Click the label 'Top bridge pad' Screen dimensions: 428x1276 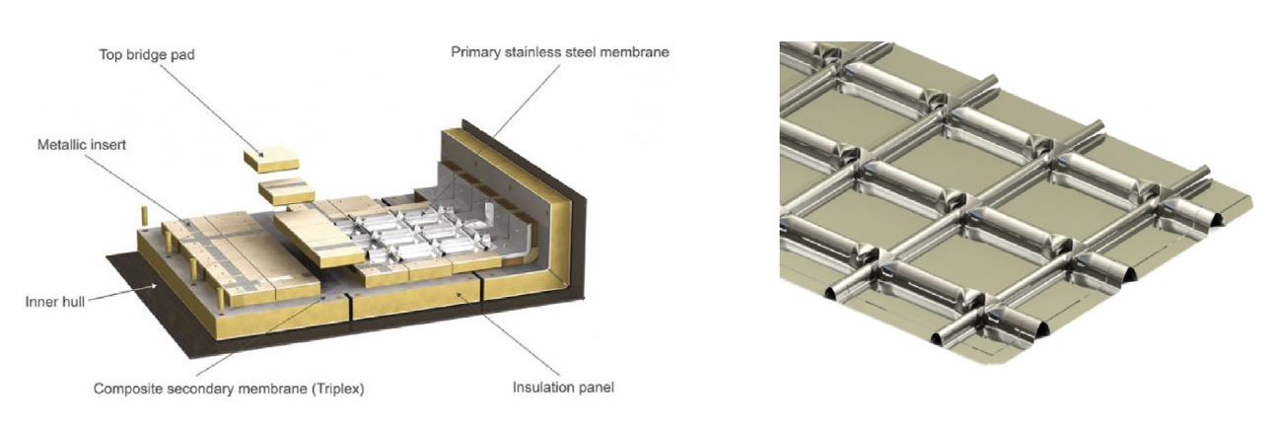(x=147, y=54)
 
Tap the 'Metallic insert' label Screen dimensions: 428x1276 (x=82, y=144)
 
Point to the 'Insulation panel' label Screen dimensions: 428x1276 (x=562, y=387)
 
